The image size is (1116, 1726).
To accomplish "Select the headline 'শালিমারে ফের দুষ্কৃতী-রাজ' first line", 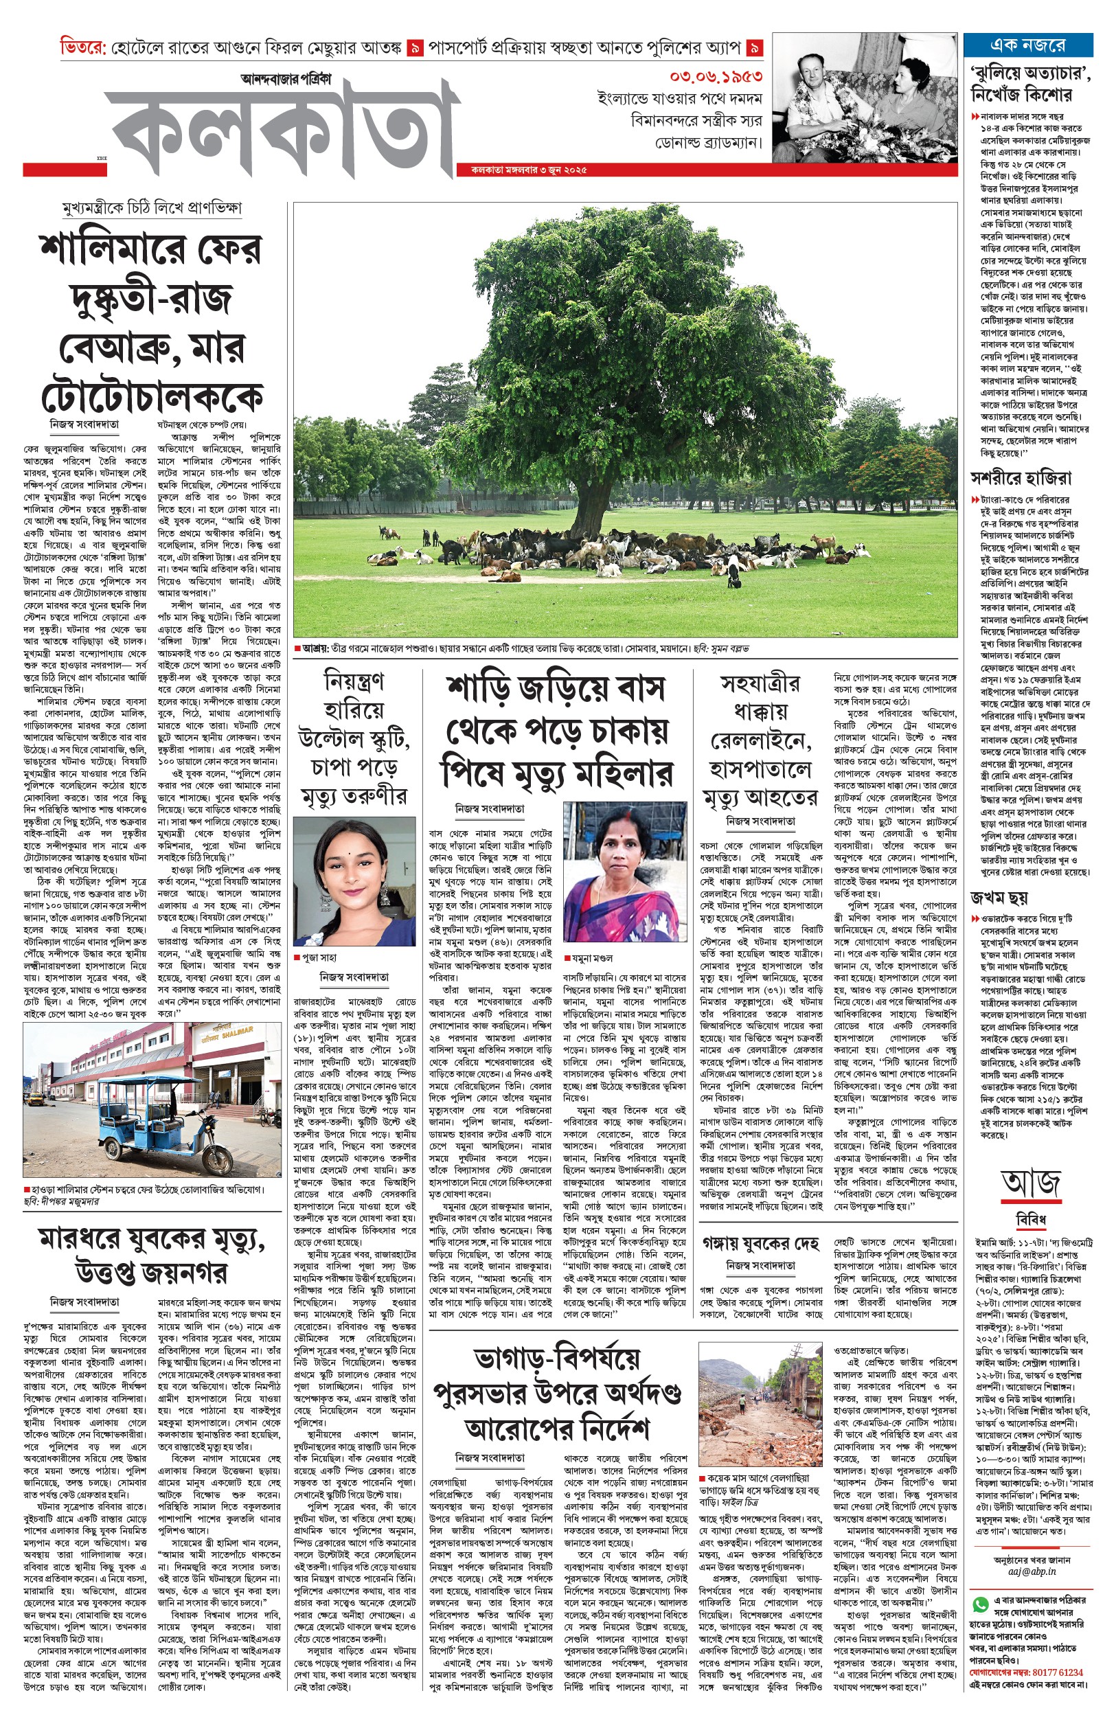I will click(150, 249).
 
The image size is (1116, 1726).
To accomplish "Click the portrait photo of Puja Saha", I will click(354, 881).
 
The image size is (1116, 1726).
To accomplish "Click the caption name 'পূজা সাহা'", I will click(319, 957).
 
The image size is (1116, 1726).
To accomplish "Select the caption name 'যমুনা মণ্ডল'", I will click(592, 957).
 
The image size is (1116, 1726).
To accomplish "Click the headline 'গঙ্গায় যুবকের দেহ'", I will click(760, 1243).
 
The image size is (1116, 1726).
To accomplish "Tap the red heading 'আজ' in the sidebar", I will click(1032, 1183).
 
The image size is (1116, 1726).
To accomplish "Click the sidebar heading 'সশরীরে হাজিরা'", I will click(1021, 477).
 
